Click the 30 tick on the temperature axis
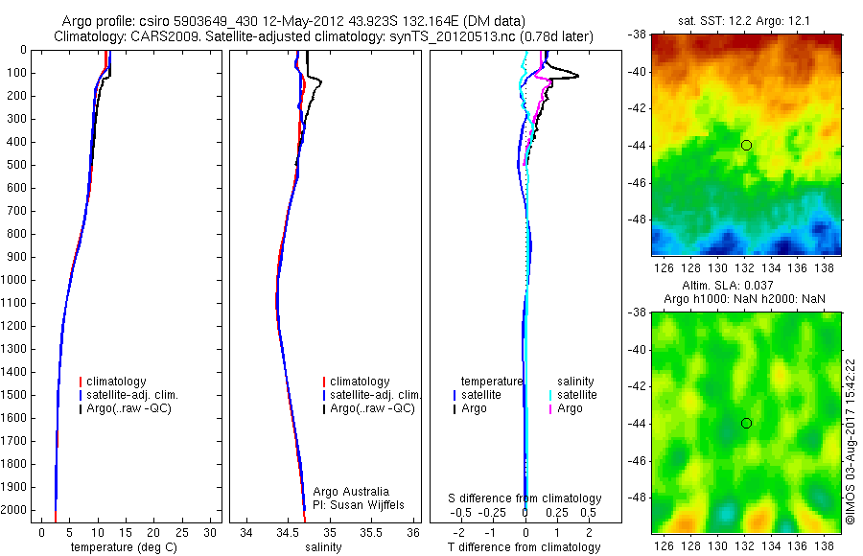coord(212,533)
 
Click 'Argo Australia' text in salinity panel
coord(351,492)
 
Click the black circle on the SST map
coord(746,145)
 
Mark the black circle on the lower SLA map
coord(746,423)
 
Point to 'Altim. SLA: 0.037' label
coord(744,287)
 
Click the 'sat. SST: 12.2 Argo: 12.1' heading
coord(745,20)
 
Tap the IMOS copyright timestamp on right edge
coord(851,442)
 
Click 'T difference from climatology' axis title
coord(525,547)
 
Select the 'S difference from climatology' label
coord(525,498)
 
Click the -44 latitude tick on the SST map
coord(637,146)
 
